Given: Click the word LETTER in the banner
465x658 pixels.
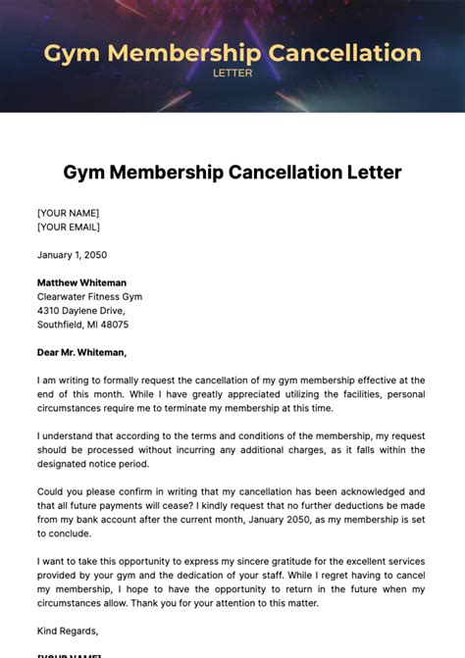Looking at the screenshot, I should tap(232, 72).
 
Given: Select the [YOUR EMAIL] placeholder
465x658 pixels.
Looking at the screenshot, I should tap(69, 228).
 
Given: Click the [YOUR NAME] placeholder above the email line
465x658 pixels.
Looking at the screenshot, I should tap(68, 213).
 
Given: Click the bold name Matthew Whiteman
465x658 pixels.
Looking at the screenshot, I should tap(81, 282).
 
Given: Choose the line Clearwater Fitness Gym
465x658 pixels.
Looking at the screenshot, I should tap(89, 296).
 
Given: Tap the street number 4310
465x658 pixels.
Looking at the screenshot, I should tap(49, 310).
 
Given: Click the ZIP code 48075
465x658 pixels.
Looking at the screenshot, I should tap(113, 324).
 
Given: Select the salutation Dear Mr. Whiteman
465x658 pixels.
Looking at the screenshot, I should tap(81, 352).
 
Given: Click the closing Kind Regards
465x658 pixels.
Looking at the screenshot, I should tap(68, 631).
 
